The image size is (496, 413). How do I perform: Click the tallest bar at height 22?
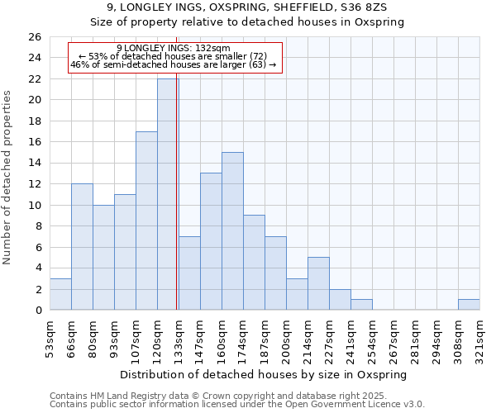tap(168, 194)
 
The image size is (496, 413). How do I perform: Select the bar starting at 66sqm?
tap(82, 246)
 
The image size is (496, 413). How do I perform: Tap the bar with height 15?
tap(232, 230)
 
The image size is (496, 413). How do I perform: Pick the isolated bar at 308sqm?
tap(469, 304)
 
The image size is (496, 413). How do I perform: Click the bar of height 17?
tap(146, 221)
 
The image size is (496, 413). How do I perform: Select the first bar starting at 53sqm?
tap(60, 294)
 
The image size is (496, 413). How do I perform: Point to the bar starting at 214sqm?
tap(318, 283)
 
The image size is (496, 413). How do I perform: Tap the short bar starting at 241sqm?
tap(361, 304)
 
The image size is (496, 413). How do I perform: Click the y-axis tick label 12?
tap(36, 184)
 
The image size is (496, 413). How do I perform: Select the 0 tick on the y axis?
tap(40, 310)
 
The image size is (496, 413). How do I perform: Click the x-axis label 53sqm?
tap(50, 337)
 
